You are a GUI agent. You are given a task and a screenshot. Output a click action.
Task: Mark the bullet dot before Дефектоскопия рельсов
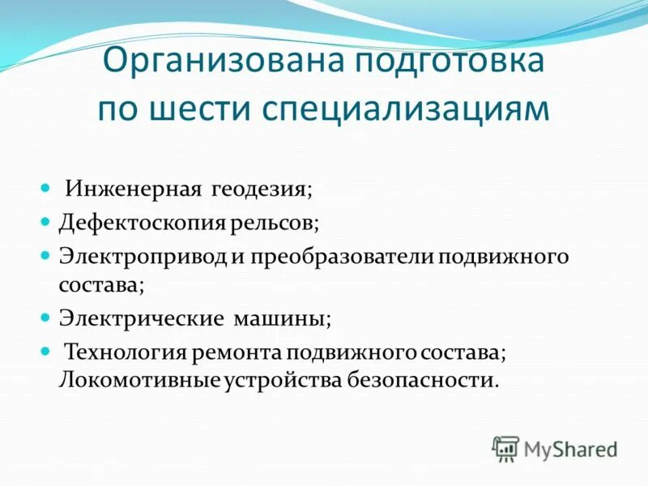pyautogui.click(x=45, y=220)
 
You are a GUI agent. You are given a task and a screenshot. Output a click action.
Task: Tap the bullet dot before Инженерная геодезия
pyautogui.click(x=45, y=188)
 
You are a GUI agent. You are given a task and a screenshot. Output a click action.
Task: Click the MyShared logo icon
pyautogui.click(x=505, y=447)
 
